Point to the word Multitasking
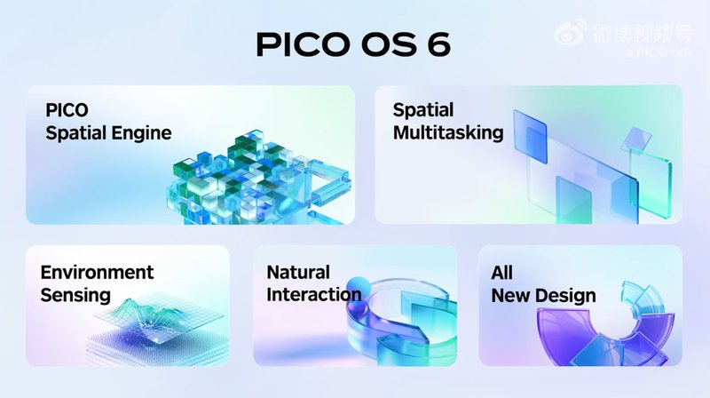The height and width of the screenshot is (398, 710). point(447,133)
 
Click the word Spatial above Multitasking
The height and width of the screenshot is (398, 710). point(422,110)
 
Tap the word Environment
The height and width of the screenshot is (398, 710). point(97,272)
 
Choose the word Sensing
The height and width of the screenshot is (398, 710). point(75,295)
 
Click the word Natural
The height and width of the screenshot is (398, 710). point(298,272)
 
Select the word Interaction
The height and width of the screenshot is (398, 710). point(313,295)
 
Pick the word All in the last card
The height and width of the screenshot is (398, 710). point(502,272)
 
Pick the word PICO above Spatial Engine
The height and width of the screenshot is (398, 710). point(67,110)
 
